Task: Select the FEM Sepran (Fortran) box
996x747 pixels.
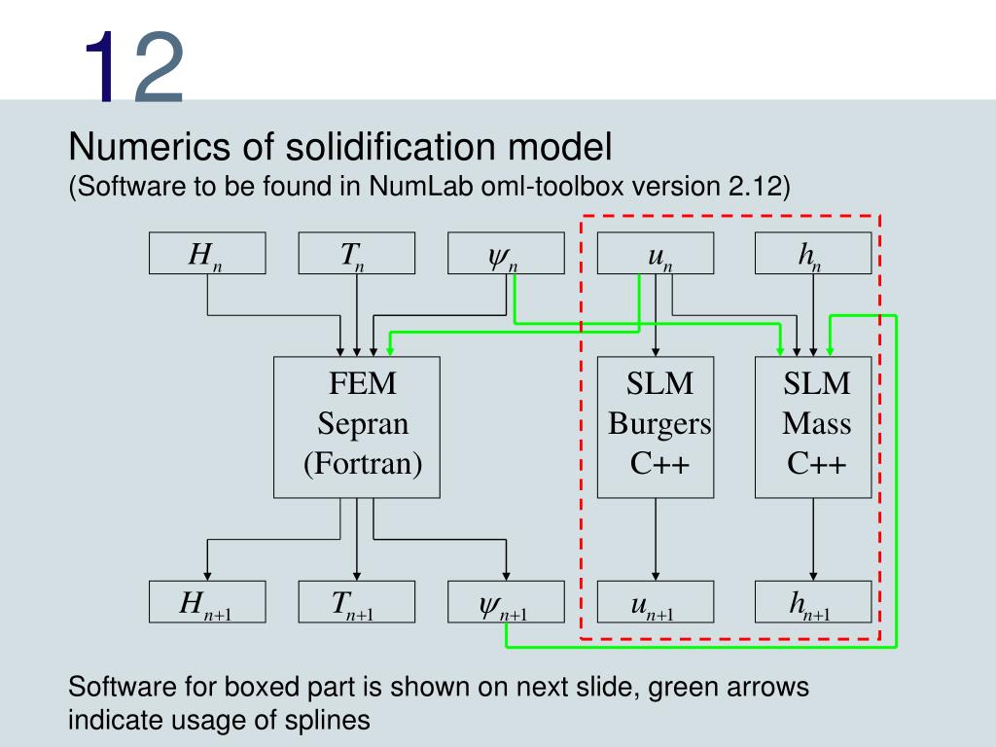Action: (x=357, y=427)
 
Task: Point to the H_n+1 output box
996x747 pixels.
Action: (x=206, y=602)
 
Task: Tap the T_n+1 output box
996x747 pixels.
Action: (x=356, y=602)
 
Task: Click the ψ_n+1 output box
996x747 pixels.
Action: (x=506, y=602)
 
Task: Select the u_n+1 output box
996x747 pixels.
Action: (x=656, y=602)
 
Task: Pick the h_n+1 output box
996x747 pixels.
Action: (x=813, y=602)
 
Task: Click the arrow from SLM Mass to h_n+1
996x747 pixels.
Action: (x=813, y=540)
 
